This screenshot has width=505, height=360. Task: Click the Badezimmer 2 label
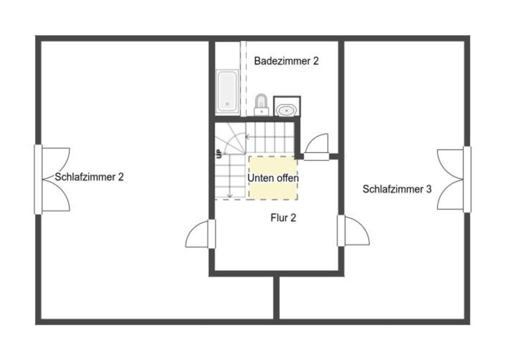click(286, 61)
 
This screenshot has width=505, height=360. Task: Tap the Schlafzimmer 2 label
click(89, 177)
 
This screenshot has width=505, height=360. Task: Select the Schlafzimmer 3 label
click(397, 189)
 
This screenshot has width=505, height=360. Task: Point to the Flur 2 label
click(283, 218)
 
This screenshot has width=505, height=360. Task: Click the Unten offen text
click(273, 178)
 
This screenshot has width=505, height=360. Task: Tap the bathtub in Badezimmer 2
click(227, 92)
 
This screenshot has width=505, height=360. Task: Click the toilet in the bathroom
click(261, 105)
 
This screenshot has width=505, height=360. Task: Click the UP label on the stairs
click(219, 154)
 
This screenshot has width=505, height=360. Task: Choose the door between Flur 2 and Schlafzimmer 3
click(353, 231)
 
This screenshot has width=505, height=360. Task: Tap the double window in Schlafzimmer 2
click(52, 180)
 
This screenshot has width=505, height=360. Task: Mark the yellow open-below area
click(273, 178)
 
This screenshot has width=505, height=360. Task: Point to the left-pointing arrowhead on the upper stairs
click(248, 137)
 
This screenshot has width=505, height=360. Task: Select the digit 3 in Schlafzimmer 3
click(429, 189)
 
